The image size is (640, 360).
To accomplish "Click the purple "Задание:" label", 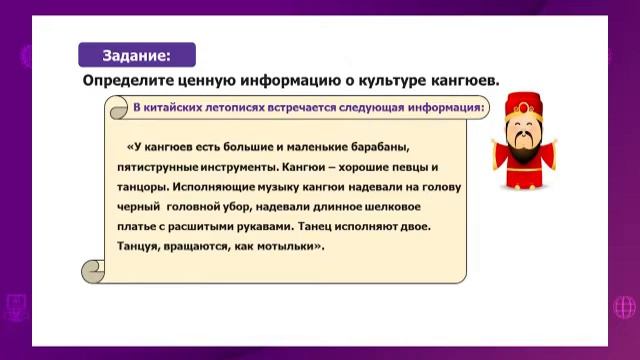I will [137, 55].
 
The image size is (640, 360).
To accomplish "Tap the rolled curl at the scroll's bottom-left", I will [93, 269].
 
